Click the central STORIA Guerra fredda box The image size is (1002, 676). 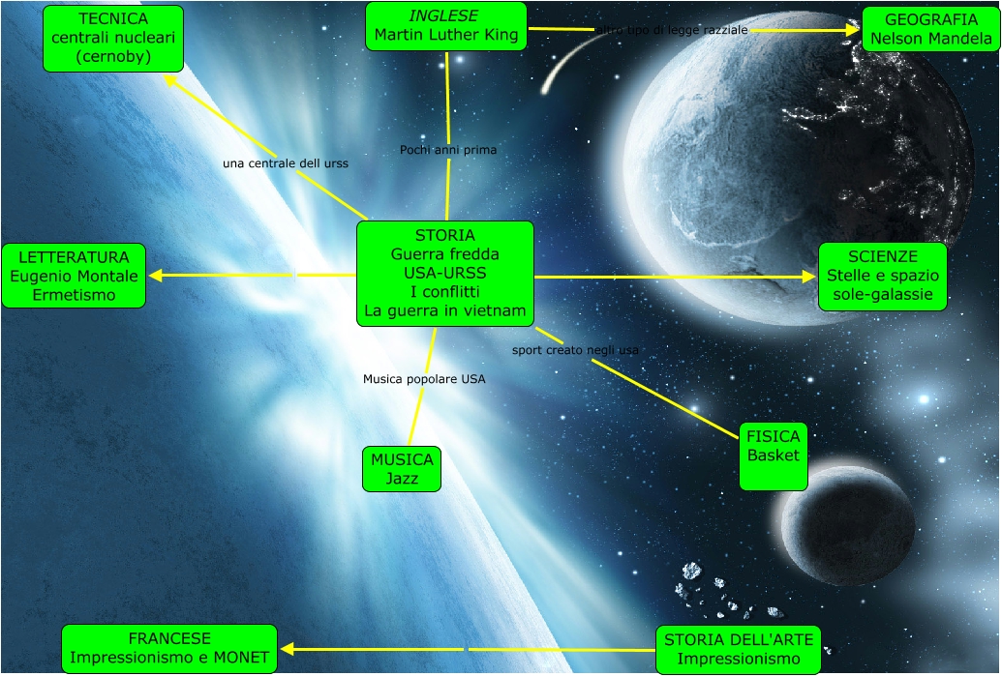click(x=445, y=274)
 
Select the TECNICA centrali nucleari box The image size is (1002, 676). click(x=112, y=38)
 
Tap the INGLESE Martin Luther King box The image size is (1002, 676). click(x=446, y=26)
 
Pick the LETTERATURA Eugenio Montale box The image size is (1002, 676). click(x=74, y=276)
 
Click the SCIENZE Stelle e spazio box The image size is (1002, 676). click(x=882, y=277)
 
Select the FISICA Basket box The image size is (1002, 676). click(x=774, y=456)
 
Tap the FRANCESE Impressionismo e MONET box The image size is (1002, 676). click(x=169, y=648)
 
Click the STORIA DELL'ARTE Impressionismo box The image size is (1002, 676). click(x=739, y=649)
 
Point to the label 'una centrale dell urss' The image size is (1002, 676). click(x=286, y=163)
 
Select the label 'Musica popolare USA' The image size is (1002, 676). click(x=424, y=379)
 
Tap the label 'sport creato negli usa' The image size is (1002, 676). click(x=575, y=349)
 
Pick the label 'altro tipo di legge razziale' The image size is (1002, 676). click(x=673, y=30)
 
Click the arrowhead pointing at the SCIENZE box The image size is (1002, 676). click(x=810, y=277)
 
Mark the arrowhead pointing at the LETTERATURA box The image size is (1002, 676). click(x=155, y=276)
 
